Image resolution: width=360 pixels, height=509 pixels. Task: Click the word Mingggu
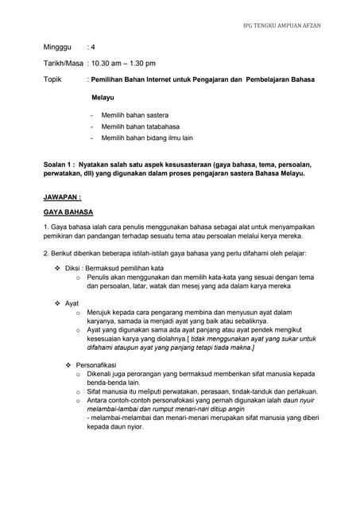click(57, 47)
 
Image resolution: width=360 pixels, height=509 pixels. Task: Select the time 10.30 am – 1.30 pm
click(124, 64)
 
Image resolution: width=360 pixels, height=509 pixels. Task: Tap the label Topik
click(52, 80)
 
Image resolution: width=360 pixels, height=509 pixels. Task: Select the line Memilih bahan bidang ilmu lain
click(147, 138)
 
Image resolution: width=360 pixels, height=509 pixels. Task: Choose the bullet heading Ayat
click(72, 304)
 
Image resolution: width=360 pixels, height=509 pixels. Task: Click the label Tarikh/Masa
click(63, 64)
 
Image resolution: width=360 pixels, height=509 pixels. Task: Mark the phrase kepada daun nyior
click(114, 425)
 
